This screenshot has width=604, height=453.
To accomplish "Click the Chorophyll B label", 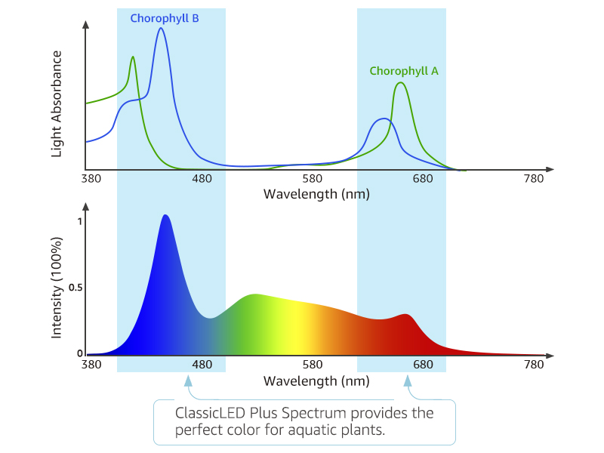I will (164, 18).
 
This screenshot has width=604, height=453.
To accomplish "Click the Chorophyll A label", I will (404, 71).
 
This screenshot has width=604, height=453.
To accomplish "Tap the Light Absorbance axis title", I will (57, 105).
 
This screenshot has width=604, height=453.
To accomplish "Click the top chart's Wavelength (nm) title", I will (316, 194).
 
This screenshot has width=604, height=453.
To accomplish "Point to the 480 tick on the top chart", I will (202, 179).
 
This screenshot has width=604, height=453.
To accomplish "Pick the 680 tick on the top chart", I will (423, 179).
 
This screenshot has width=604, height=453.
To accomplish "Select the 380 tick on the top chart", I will (91, 179).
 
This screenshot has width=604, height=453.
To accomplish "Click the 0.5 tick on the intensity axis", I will (75, 288).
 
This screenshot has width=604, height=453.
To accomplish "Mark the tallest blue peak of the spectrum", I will (165, 216).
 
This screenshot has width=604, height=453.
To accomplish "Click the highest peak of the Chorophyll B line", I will (161, 29).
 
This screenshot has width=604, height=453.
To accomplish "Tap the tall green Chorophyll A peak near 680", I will (401, 83).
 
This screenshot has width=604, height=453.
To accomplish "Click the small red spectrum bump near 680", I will (407, 315).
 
